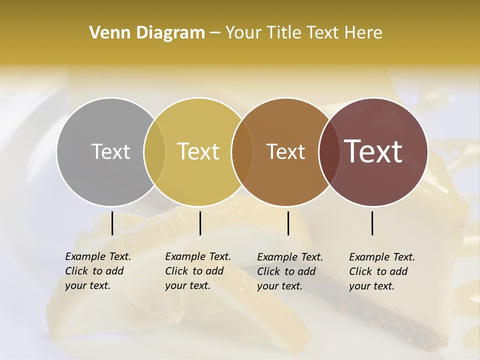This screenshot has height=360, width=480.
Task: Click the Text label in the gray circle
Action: pos(110,151)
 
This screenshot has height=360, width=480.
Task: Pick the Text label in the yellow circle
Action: pos(198,151)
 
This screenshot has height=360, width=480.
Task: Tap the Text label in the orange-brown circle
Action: pos(285,151)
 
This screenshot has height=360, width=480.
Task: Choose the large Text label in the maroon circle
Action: pos(373,151)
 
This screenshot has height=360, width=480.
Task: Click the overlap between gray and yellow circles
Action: pos(154,151)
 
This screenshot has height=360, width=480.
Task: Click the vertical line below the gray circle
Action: pos(112,223)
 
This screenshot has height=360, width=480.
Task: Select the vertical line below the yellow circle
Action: pos(200,223)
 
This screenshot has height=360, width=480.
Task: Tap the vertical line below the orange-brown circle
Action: pos(288,223)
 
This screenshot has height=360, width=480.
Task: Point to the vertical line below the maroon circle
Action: pos(372,223)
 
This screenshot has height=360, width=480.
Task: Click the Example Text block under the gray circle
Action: pos(98,271)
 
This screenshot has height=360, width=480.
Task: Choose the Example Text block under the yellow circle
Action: pos(198,271)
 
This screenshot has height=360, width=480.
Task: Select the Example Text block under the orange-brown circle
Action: pos(290,271)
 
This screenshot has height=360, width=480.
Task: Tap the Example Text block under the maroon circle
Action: pos(382,271)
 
